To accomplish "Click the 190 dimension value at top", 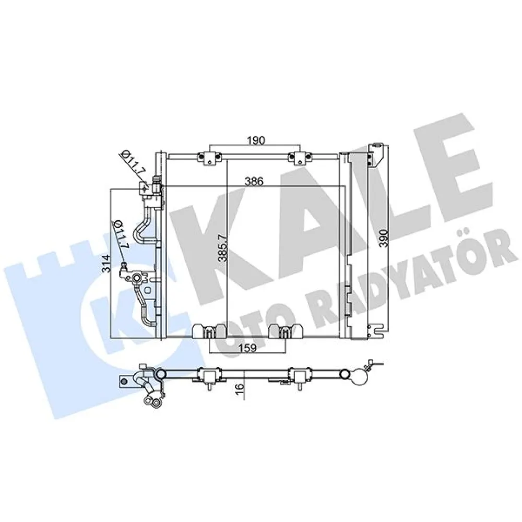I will click(x=256, y=140).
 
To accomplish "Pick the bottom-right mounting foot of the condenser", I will click(x=285, y=332).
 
